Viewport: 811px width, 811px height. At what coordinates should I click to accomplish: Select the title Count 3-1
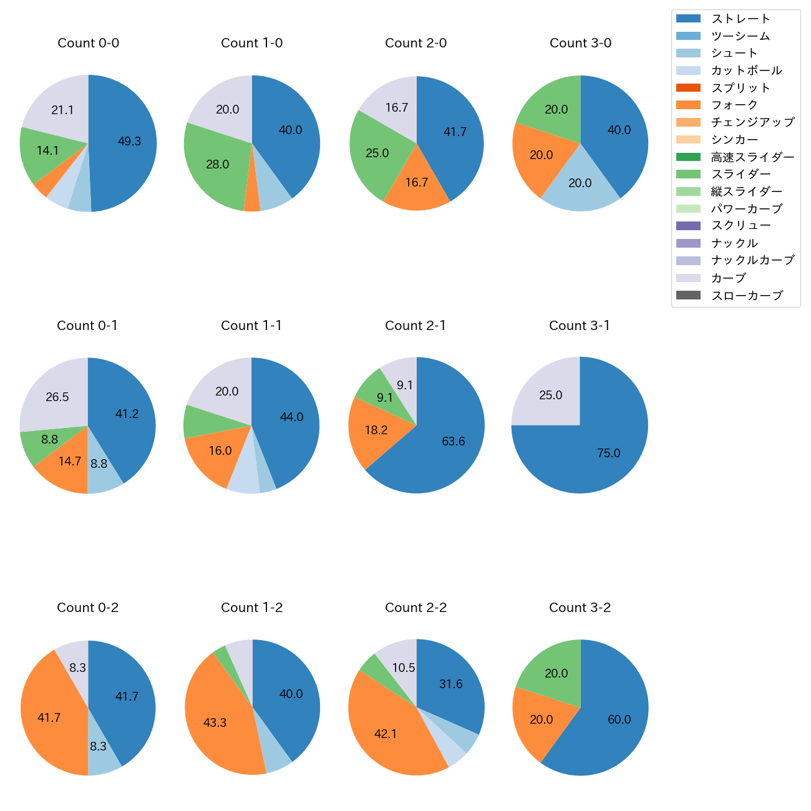coord(580,326)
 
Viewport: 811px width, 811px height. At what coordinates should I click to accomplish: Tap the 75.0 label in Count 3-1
coord(608,454)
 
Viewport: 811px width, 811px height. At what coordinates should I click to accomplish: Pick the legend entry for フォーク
coord(734,105)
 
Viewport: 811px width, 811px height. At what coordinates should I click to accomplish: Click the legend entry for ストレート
coord(741,19)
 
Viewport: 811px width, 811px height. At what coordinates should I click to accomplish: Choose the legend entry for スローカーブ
coord(747,296)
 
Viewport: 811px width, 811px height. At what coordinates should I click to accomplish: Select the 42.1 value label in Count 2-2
coord(386,734)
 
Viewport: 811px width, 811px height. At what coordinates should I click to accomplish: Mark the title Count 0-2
coord(88,608)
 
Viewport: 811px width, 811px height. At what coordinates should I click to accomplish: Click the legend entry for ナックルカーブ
coord(752,261)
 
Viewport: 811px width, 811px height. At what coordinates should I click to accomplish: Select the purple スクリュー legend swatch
coord(688,226)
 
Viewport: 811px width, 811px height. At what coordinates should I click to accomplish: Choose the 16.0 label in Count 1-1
coord(220,451)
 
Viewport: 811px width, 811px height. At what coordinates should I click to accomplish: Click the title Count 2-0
coord(416,43)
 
